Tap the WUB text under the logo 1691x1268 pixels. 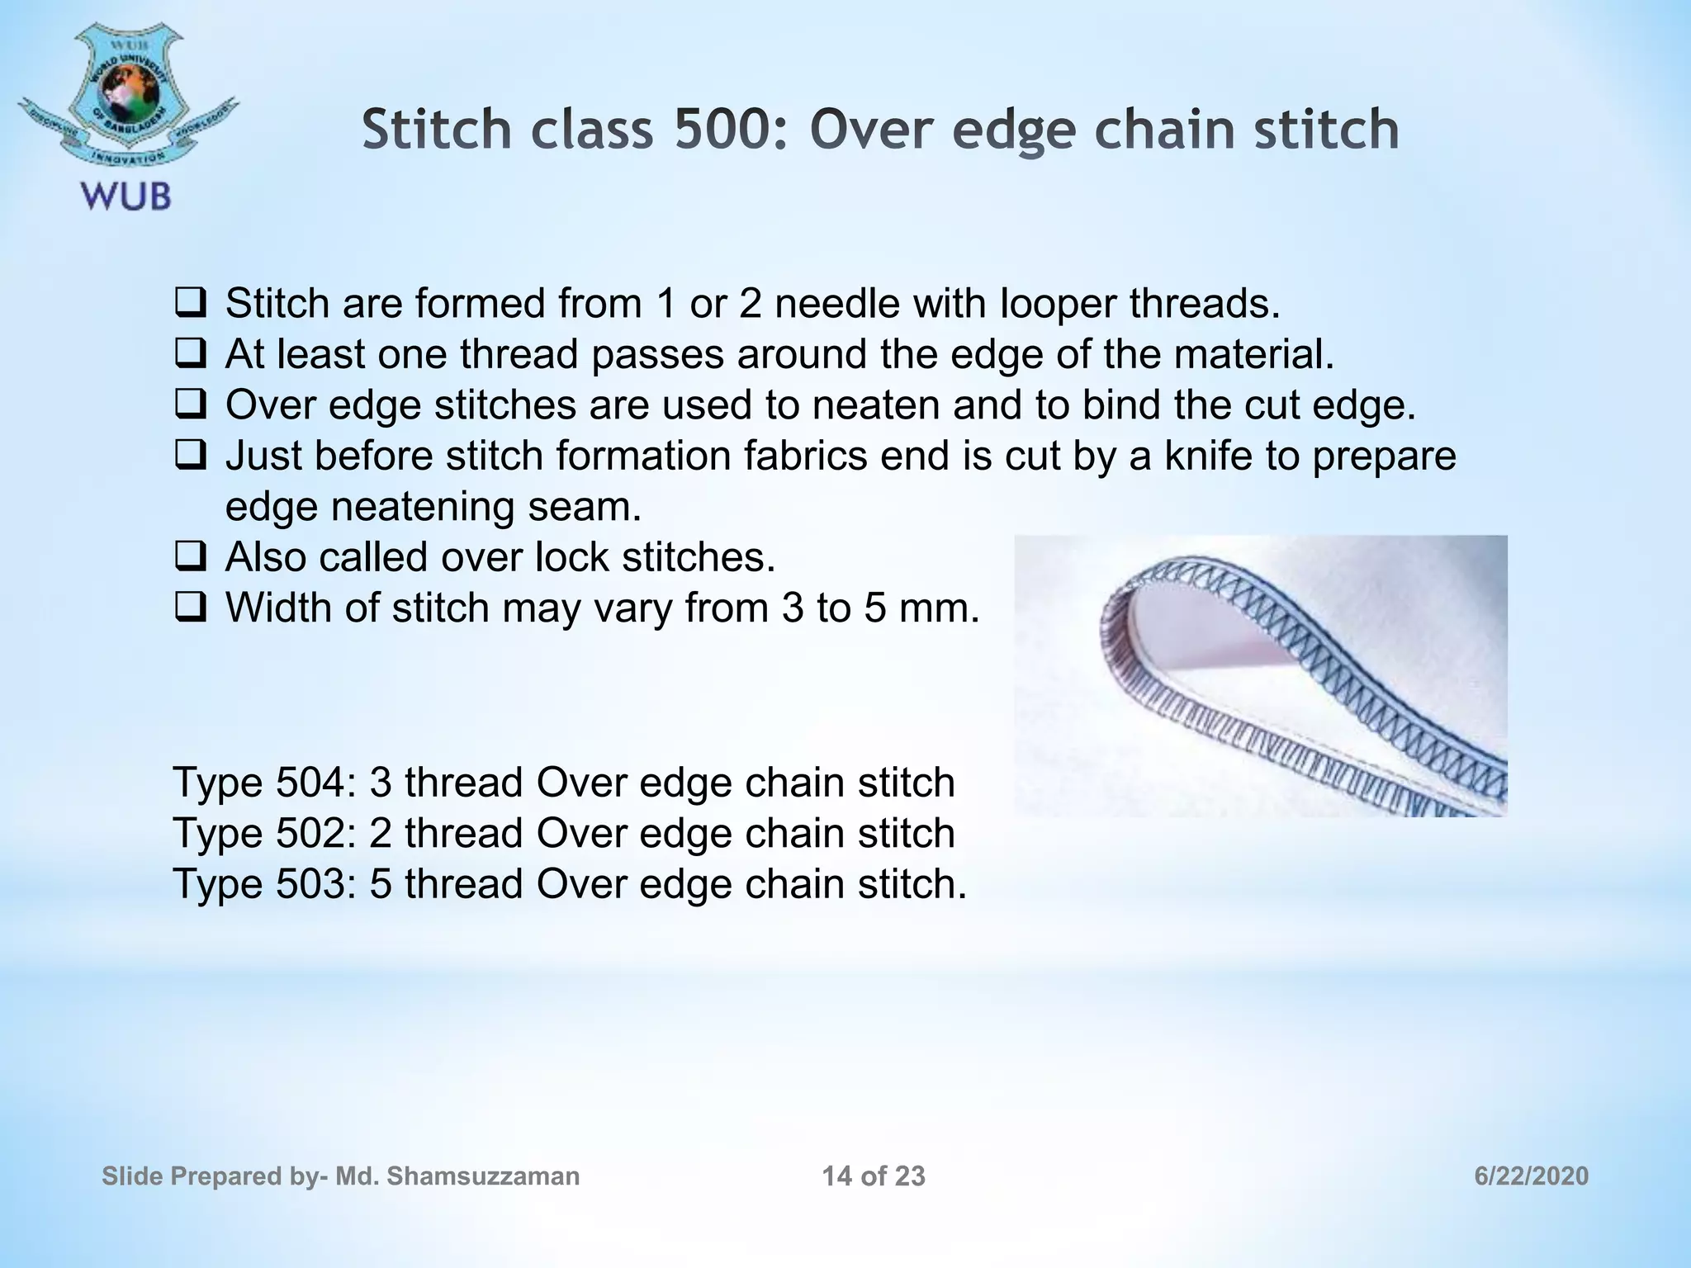(126, 197)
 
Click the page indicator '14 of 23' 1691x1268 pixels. (874, 1176)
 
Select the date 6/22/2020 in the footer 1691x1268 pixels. (1531, 1176)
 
